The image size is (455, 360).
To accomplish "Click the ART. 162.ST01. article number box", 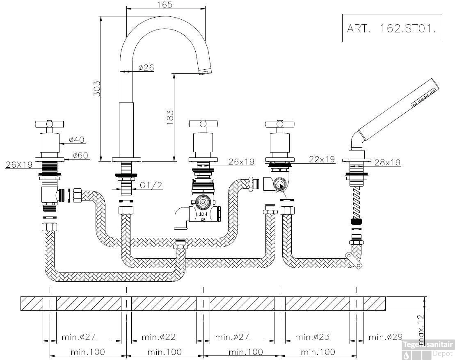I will click(392, 28).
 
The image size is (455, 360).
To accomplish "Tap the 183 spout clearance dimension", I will click(170, 118).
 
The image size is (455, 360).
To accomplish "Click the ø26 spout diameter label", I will click(146, 68).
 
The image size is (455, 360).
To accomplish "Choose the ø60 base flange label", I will click(80, 155).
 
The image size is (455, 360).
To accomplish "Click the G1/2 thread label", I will click(151, 185).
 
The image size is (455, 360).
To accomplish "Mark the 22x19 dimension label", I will click(322, 159).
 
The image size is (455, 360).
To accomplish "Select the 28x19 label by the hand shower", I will click(387, 162).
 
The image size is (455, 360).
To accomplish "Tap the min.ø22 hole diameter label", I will click(159, 337).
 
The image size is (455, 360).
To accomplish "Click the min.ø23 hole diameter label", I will click(313, 337).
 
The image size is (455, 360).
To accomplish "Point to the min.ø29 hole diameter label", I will click(385, 337).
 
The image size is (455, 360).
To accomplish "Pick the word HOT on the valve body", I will click(203, 214).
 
